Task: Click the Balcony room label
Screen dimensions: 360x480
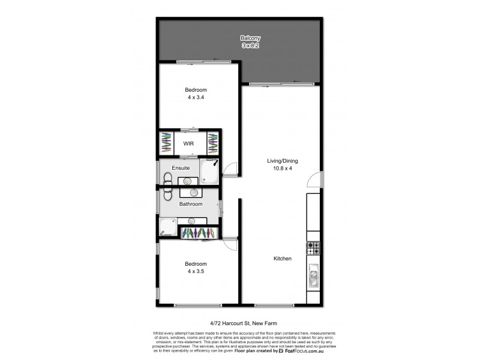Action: coord(246,38)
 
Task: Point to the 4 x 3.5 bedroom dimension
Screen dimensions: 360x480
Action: coord(196,271)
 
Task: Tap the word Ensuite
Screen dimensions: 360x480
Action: coord(181,168)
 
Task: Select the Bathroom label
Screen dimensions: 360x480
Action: coord(191,204)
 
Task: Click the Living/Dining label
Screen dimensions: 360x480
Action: coord(283,161)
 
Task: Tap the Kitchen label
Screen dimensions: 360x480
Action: coord(283,259)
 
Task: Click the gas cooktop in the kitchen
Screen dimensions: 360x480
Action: coord(313,247)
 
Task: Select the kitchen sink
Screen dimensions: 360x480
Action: coord(313,276)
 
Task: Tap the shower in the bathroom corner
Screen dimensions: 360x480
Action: coord(168,227)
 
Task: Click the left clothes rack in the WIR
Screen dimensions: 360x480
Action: coord(166,143)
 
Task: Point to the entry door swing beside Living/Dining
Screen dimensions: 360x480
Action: coord(313,180)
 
